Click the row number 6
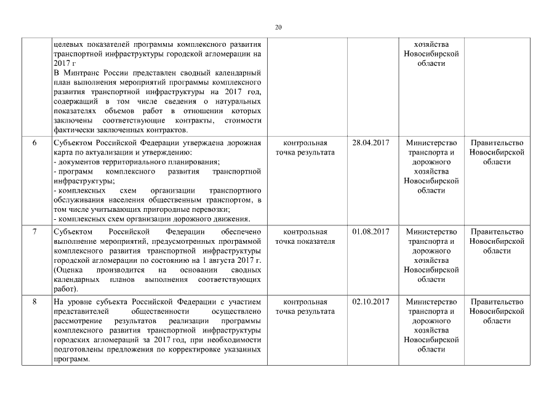click(x=34, y=143)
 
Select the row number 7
click(x=34, y=231)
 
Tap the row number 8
click(x=34, y=302)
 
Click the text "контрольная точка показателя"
click(x=305, y=236)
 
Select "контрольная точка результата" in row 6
click(x=305, y=148)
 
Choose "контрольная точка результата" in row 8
click(x=305, y=307)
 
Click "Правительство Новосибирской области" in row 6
click(x=497, y=152)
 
